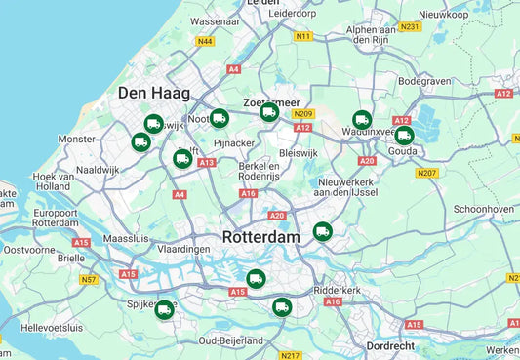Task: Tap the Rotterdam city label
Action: pyautogui.click(x=260, y=237)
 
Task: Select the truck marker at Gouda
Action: pyautogui.click(x=404, y=136)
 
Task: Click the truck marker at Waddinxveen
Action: pyautogui.click(x=362, y=120)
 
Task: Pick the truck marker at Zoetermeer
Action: pyautogui.click(x=269, y=112)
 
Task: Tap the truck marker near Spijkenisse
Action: pyautogui.click(x=164, y=308)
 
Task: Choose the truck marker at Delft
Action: pyautogui.click(x=182, y=158)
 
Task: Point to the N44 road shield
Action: pyautogui.click(x=204, y=41)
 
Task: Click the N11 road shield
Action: pyautogui.click(x=303, y=36)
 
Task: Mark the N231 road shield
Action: pyautogui.click(x=410, y=26)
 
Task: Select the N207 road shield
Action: pyautogui.click(x=426, y=173)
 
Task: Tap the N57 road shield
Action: pyautogui.click(x=89, y=279)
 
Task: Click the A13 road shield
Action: pyautogui.click(x=207, y=163)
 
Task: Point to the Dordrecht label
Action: pyautogui.click(x=390, y=345)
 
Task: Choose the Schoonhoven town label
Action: pyautogui.click(x=484, y=209)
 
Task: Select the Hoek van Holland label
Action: pyautogui.click(x=53, y=180)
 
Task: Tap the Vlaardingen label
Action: pyautogui.click(x=183, y=250)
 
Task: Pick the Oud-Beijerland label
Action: pyautogui.click(x=230, y=340)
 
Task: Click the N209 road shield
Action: pyautogui.click(x=302, y=113)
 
